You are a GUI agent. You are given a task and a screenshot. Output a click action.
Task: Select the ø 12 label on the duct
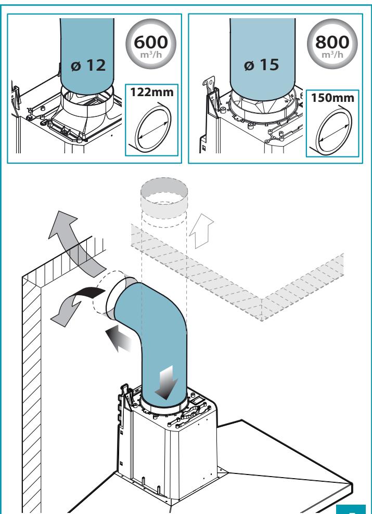88,65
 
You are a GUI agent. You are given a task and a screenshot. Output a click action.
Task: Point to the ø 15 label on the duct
262,64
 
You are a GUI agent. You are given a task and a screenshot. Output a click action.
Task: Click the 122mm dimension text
151,92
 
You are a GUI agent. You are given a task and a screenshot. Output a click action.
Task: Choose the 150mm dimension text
332,98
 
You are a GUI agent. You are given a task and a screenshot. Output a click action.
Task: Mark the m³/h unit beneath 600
151,54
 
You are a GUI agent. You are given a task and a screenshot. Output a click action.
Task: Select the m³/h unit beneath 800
332,54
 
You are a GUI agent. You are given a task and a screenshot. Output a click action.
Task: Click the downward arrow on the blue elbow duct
167,382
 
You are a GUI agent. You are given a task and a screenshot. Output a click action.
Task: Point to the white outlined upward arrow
201,231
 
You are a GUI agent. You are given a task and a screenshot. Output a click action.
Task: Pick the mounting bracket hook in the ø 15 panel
209,87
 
